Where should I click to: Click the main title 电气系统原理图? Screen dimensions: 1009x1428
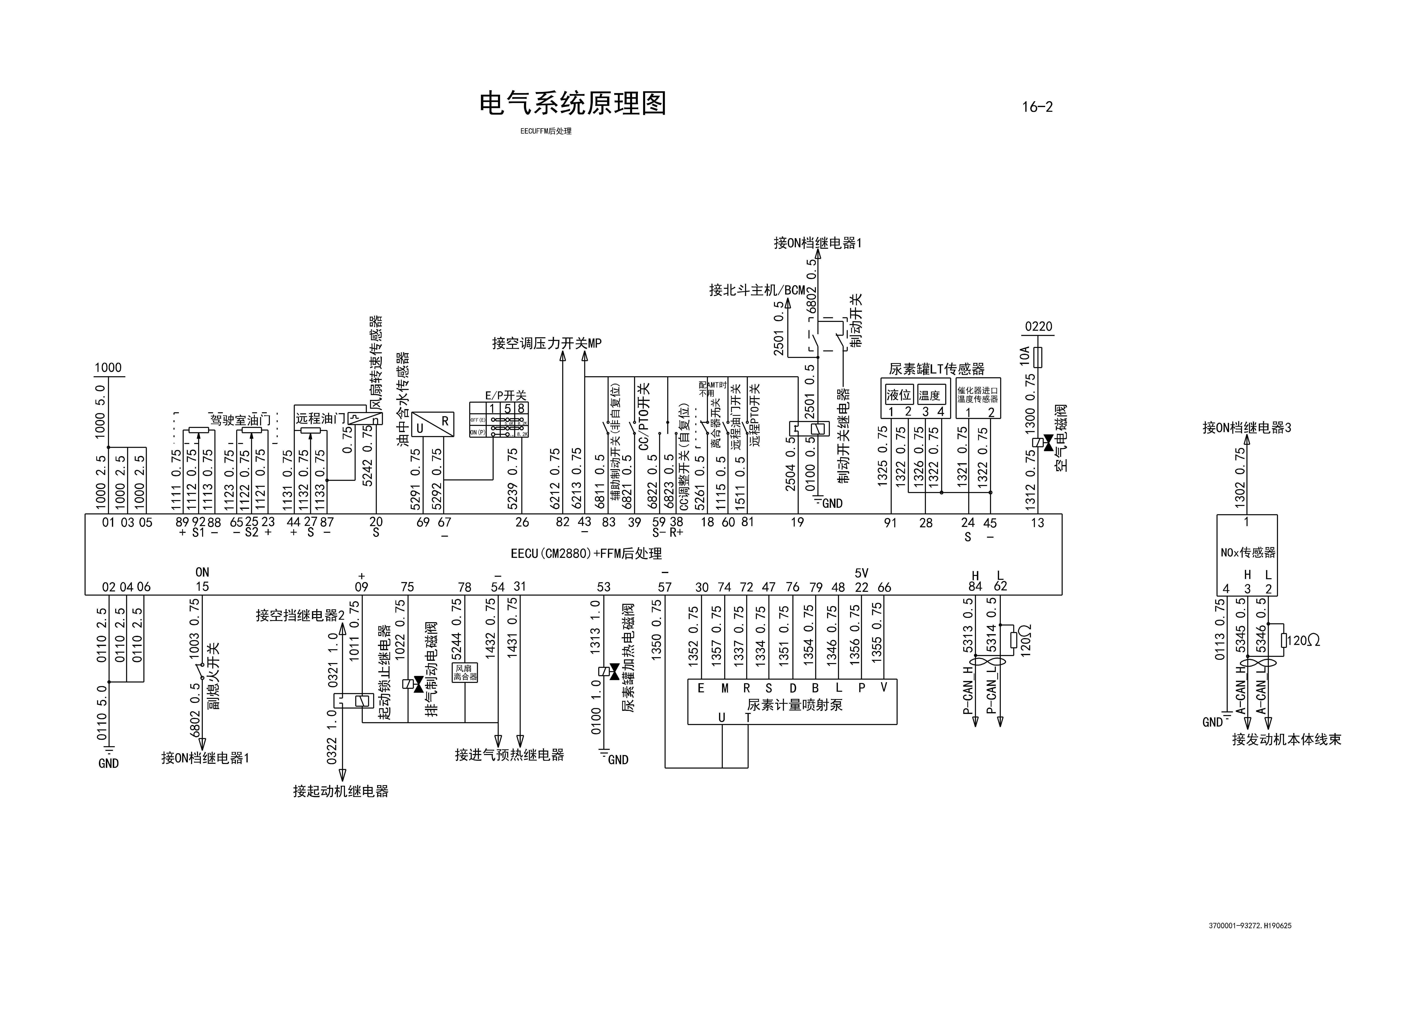[x=572, y=103]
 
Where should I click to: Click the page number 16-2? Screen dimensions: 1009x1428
[x=1037, y=107]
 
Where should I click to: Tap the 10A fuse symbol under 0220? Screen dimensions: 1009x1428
[x=1037, y=358]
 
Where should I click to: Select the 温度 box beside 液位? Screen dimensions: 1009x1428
[x=930, y=395]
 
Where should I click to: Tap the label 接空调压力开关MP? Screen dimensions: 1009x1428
[x=547, y=343]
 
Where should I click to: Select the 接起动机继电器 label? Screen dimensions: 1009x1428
[x=341, y=791]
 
